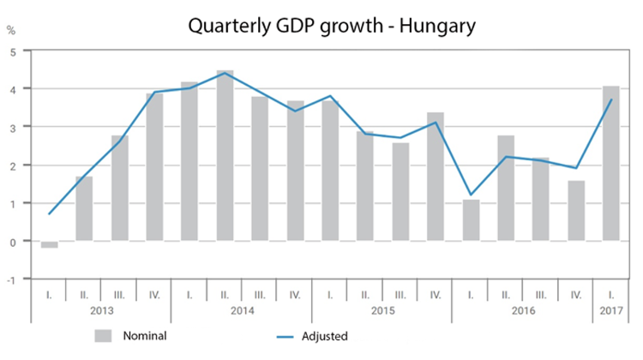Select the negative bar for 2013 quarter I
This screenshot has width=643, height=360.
(49, 244)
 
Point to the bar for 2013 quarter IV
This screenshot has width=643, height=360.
(154, 166)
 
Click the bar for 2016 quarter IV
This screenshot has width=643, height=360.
(576, 211)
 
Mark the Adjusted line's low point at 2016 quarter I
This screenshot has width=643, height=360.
(471, 195)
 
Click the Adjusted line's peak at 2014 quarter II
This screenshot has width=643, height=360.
(225, 73)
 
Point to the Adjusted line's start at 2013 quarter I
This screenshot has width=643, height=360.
(50, 213)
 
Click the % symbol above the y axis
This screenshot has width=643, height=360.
(11, 31)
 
